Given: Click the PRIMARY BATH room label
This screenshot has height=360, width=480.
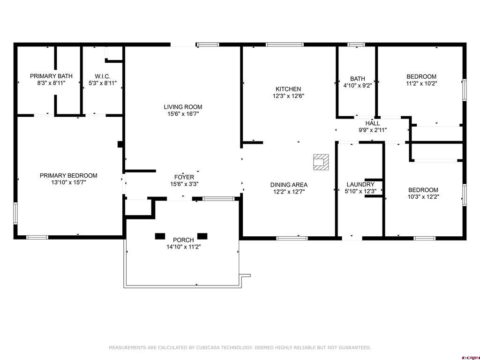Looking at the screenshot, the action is coord(51,76).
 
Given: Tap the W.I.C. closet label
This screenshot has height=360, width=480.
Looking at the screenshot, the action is coord(103,76).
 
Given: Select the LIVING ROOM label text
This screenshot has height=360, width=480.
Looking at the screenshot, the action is coord(183,107).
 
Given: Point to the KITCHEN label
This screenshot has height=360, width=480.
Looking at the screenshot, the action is coord(288,89).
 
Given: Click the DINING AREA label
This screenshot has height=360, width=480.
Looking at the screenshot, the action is coord(289,185).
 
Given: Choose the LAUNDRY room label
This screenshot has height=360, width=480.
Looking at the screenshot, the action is coord(360,184).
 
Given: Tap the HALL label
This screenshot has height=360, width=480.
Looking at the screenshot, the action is coord(373,123).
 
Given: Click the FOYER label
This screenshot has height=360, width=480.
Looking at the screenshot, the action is coord(184,177).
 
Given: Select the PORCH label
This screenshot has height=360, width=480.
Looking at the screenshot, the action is coord(183,240).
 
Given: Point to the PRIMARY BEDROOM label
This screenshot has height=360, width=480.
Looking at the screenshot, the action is coord(68,175).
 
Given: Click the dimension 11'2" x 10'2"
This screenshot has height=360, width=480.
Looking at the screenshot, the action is coord(421,83).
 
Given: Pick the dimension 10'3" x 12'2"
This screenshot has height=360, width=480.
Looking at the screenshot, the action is coord(423,197).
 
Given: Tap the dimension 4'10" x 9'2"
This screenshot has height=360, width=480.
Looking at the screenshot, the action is coord(358,85).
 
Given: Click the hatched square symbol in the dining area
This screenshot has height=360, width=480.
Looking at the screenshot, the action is coord(321,162).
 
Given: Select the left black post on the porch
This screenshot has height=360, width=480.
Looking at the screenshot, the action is coord(160,236).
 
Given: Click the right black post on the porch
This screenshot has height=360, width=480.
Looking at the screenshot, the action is coord(202,236).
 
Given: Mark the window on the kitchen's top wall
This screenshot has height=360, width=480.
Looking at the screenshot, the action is coord(285,45).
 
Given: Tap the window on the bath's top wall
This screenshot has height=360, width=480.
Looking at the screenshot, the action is coord(356,45).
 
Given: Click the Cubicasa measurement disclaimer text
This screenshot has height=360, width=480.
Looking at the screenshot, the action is coord(240,347).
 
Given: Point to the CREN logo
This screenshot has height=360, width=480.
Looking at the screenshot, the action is coord(471,358).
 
